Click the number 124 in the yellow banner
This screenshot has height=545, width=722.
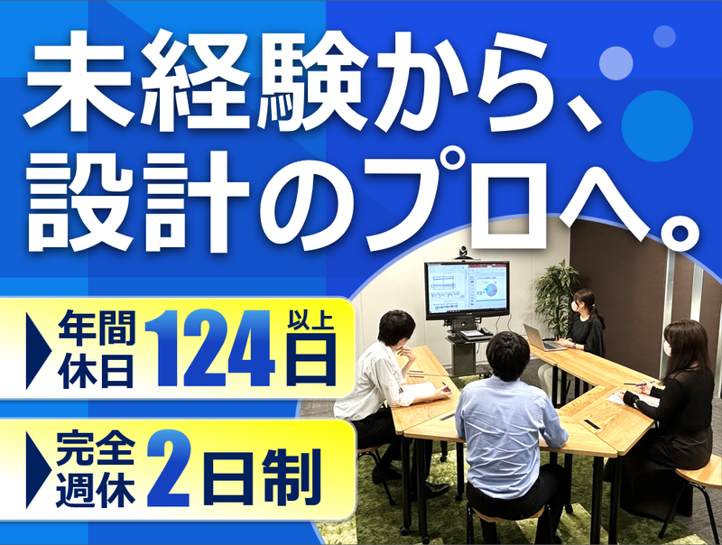[210, 348]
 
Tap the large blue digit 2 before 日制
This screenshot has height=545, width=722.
[170, 467]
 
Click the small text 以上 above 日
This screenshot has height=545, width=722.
[310, 320]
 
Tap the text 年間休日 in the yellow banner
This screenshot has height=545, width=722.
[97, 348]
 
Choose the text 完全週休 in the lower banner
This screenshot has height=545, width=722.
[96, 469]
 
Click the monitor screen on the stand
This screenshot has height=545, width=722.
[467, 290]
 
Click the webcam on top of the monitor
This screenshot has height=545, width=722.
[462, 254]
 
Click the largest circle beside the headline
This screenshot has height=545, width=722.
[657, 126]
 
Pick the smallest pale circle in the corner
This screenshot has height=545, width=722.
[664, 36]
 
